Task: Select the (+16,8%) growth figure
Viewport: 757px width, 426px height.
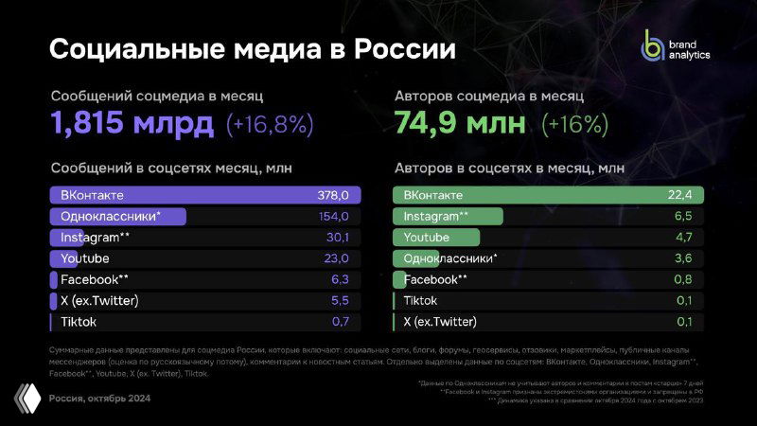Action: click(x=270, y=124)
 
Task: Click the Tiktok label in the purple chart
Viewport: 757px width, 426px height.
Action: click(x=79, y=322)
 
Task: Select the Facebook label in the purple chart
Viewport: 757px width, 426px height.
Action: click(x=93, y=280)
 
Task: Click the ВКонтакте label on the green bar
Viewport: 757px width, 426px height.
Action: click(x=433, y=195)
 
